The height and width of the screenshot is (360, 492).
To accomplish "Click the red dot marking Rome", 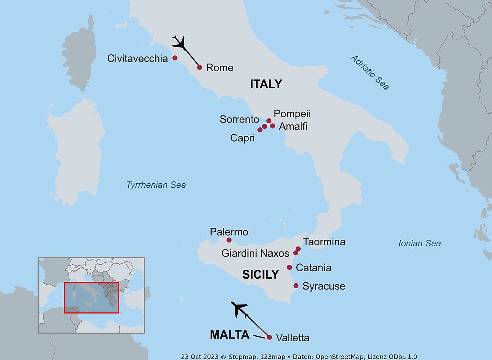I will coord(200,67).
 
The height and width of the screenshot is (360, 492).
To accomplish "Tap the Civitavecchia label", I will coord(138,59).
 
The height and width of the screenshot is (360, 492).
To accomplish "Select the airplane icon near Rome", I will coord(179,42).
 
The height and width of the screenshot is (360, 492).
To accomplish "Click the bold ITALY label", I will coord(266,84).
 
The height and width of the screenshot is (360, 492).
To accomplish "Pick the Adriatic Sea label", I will coord(369,73).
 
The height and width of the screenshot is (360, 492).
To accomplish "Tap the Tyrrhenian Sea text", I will coord(156,185).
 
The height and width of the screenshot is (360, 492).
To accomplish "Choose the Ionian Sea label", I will coord(420,243).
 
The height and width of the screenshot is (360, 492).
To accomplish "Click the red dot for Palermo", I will coord(229,240).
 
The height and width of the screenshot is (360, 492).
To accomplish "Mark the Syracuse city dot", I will coord(296,286).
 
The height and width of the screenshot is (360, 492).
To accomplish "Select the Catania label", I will coord(313,268).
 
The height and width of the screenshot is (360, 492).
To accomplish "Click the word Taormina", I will coord(324,242).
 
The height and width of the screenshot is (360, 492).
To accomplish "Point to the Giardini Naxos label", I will coord(255,253).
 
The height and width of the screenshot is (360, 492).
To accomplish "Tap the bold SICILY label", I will coord(261,274).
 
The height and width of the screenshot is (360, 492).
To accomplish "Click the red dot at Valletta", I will coord(269,337).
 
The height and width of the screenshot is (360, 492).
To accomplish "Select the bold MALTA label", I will coord(229,335).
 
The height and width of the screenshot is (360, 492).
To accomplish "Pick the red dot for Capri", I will coord(260,130).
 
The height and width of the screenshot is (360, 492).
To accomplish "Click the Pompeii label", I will coord(292,114).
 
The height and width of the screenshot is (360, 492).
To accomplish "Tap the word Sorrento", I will coord(239,119).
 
